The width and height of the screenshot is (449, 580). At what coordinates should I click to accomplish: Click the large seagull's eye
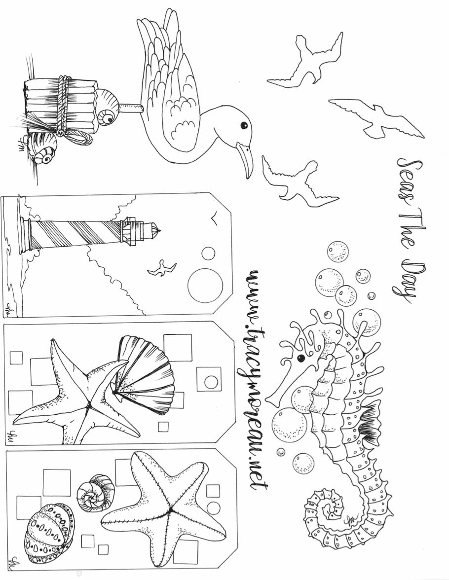pos(243,126)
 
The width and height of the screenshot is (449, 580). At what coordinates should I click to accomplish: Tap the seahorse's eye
pos(299,358)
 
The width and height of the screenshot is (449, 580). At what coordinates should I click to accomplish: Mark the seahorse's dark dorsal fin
pos(370,424)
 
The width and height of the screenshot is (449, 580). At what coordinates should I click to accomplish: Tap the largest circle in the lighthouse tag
pos(205,285)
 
